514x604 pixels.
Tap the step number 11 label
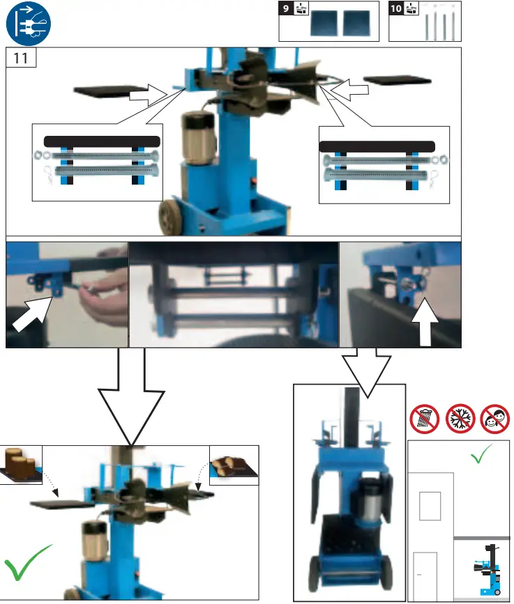click(x=21, y=59)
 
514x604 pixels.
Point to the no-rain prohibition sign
click(x=425, y=419)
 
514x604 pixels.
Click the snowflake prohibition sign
click(x=460, y=419)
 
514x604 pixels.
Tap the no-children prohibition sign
click(x=494, y=419)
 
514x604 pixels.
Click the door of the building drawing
click(x=425, y=575)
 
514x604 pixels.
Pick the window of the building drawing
click(x=430, y=506)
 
